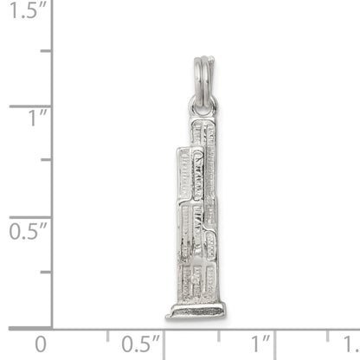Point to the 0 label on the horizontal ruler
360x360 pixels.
point(41,344)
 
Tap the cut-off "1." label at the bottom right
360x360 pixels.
point(350,344)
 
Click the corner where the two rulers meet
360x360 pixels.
point(53,328)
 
